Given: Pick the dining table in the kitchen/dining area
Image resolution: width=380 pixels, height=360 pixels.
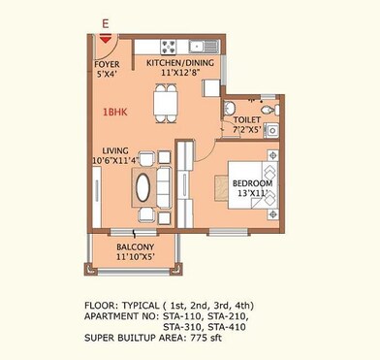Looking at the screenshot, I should pyautogui.click(x=165, y=99).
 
